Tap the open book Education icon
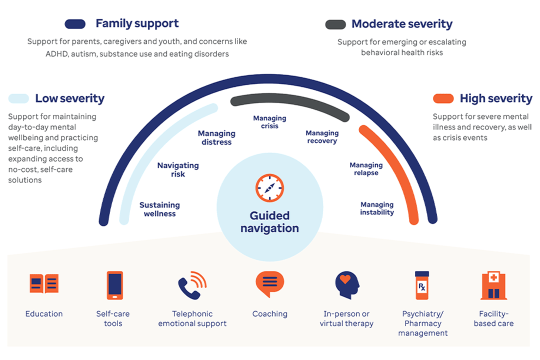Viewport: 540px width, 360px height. pos(44,284)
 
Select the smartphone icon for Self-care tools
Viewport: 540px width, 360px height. pos(114,285)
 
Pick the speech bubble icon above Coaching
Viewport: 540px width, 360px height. pos(269,283)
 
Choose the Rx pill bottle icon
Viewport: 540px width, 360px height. pos(422,285)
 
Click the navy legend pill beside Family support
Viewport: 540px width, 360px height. pos(76,23)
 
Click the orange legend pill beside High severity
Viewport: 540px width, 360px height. pos(443,98)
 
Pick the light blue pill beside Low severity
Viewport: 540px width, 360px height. pos(18,98)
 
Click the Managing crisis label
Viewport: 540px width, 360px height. pos(269,122)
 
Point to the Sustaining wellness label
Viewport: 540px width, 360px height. pos(159,209)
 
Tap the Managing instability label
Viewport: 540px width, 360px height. pos(377,208)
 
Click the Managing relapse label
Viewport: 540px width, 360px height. pos(366,169)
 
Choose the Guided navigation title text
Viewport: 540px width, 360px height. pos(269,222)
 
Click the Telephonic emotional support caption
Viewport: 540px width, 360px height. pos(192,318)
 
